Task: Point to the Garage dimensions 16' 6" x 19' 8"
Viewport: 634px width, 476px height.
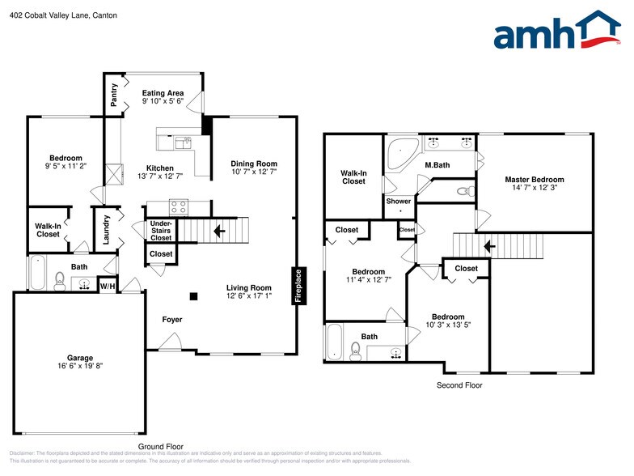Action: click(x=80, y=367)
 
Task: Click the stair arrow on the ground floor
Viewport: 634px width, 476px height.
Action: click(x=219, y=231)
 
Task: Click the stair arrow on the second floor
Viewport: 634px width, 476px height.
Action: click(x=488, y=244)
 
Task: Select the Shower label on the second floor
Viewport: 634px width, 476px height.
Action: click(x=398, y=201)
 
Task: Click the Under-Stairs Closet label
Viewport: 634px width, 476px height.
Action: click(x=161, y=231)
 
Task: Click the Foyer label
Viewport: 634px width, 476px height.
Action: click(x=172, y=320)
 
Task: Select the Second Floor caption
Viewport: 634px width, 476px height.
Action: click(x=459, y=385)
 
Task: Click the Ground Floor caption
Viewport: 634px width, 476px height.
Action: click(x=161, y=446)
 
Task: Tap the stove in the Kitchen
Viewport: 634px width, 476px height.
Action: click(x=179, y=206)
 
